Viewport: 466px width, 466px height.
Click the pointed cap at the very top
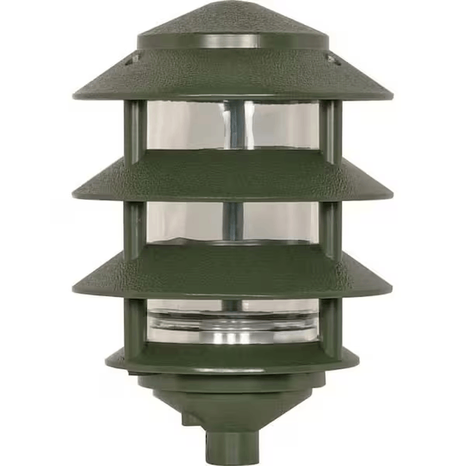[x=232, y=19]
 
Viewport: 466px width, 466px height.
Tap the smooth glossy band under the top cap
[x=232, y=41]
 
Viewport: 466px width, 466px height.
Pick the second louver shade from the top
[x=232, y=177]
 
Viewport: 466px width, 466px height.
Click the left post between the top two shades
[x=134, y=128]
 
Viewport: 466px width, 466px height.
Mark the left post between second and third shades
[x=134, y=225]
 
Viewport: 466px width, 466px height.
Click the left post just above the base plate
[x=134, y=322]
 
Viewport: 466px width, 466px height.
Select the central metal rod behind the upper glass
[x=233, y=128]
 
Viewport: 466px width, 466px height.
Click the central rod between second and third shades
[x=233, y=221]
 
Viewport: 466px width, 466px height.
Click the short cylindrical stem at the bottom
[x=232, y=443]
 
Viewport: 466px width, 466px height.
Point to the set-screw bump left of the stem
[x=191, y=419]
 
